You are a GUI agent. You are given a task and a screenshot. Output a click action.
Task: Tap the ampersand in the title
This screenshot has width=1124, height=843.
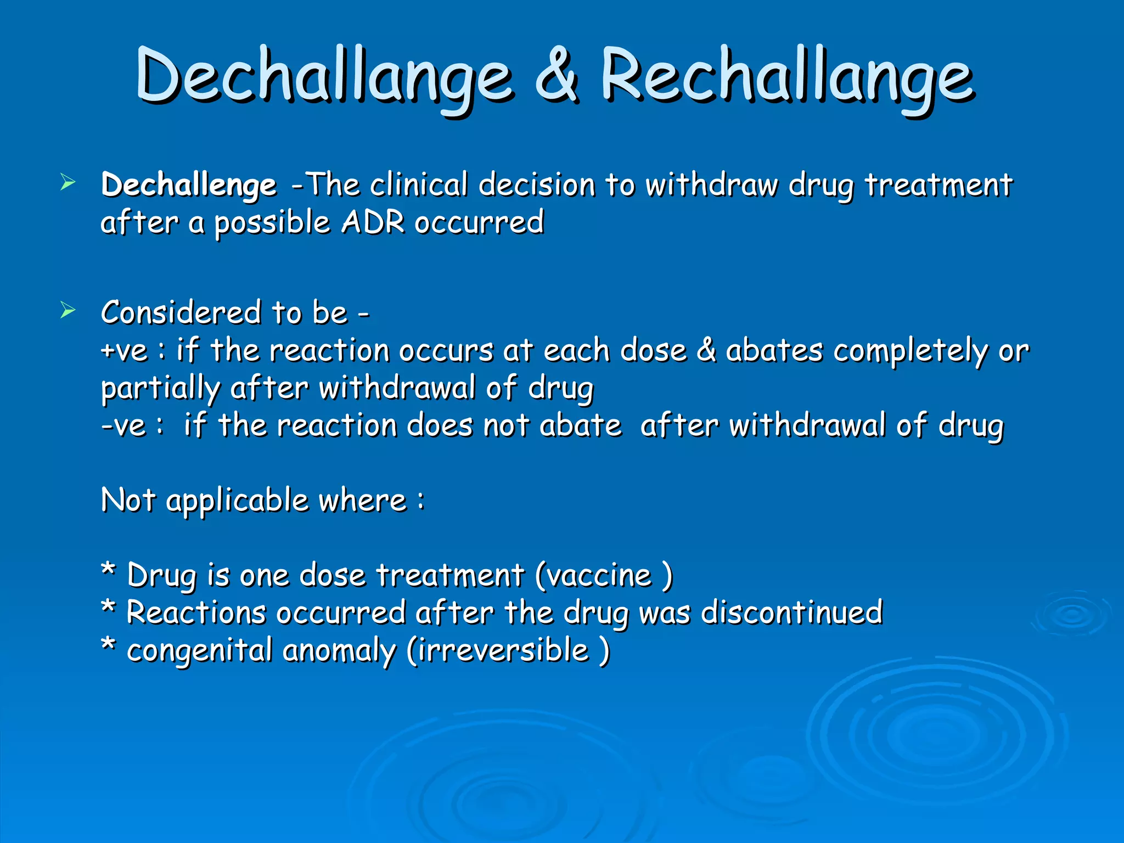click(x=557, y=74)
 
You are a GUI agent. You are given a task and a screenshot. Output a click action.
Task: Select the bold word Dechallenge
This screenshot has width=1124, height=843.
click(x=189, y=185)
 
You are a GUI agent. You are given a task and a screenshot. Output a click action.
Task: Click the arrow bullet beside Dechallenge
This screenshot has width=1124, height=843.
click(x=68, y=182)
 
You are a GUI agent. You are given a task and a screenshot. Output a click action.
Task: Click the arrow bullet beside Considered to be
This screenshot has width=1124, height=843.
click(x=68, y=310)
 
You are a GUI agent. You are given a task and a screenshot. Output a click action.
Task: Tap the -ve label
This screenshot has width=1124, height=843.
click(x=124, y=425)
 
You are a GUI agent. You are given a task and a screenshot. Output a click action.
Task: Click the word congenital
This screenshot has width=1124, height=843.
click(x=200, y=651)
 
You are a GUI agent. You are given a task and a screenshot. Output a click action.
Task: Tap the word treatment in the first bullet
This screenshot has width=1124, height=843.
click(x=938, y=185)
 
